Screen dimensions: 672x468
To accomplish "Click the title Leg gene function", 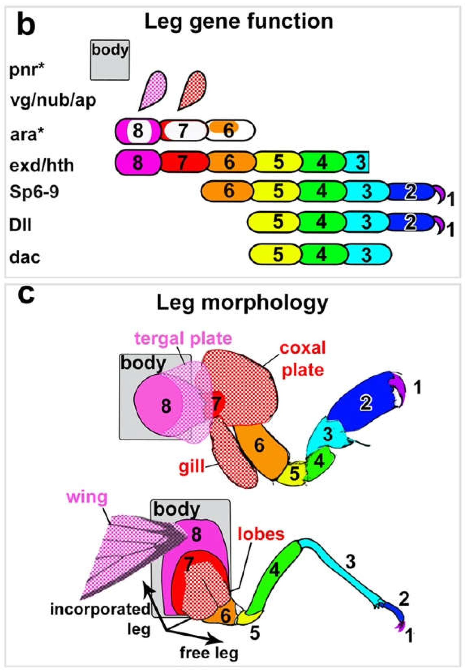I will pos(239,22).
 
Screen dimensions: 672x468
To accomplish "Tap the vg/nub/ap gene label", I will pos(53,100).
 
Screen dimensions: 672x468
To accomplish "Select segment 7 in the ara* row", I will pos(183,130).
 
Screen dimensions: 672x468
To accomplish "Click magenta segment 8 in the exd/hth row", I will pos(138,162).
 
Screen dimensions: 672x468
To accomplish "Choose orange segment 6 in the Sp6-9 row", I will pos(227,191).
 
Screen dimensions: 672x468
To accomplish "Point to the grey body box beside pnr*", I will pos(110,60).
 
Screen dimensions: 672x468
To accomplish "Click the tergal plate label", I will pos(183,339).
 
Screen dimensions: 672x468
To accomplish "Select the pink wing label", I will pos(87,497).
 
